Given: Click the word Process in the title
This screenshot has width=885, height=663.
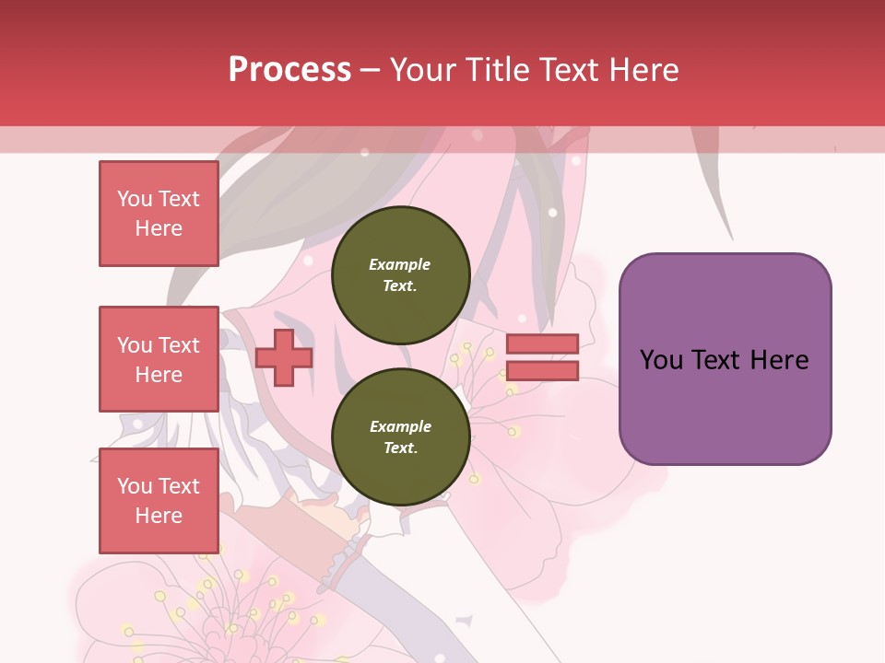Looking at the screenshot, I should pos(289,70).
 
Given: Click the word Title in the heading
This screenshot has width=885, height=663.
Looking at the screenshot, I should pos(495,70).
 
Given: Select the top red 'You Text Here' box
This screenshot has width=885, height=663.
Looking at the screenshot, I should pos(159,214).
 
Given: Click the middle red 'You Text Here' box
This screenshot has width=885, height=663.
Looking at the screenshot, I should pos(159,359).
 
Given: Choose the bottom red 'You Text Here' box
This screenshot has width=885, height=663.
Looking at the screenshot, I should pos(159,500).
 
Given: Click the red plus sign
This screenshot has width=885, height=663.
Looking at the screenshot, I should pos(284,357).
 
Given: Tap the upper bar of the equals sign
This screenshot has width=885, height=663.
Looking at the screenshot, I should pos(542,344).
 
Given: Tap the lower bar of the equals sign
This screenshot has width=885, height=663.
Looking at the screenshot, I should pos(542,370).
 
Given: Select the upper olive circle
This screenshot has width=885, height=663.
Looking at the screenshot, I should pos(400,275).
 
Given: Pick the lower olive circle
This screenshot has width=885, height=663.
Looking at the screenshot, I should pos(400,436).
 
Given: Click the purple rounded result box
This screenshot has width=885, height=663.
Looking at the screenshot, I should pos(725,359).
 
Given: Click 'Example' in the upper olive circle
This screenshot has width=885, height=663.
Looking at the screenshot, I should pos(399,264).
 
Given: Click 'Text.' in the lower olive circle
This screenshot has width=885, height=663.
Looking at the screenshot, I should pos(400,448).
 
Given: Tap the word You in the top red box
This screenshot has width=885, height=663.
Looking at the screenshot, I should pos(135,199).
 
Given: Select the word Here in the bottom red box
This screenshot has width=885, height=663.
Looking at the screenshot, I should pos(159,516).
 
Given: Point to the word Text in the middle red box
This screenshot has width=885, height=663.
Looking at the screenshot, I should pos(179,345).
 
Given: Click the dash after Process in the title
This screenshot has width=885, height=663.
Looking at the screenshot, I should pos(371,70).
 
